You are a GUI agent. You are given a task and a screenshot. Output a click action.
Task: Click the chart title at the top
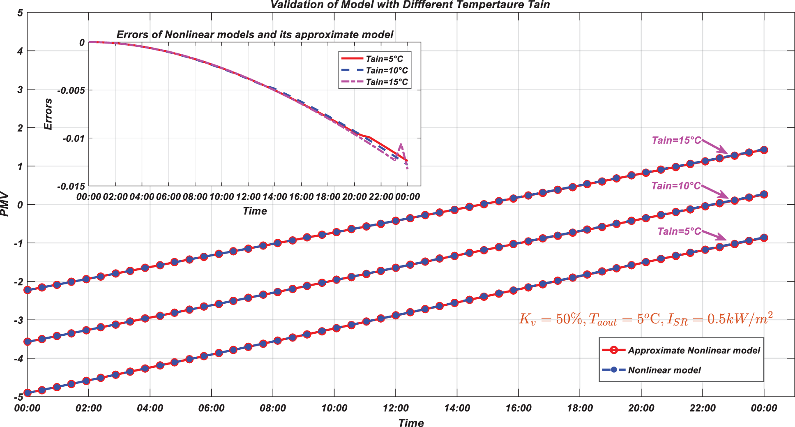pyautogui.click(x=410, y=5)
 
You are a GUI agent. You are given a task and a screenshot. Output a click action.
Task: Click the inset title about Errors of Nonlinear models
pyautogui.click(x=255, y=35)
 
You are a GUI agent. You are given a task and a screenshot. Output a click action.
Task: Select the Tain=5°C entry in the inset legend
pyautogui.click(x=384, y=59)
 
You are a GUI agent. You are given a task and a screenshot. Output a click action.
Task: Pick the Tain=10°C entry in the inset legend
pyautogui.click(x=387, y=71)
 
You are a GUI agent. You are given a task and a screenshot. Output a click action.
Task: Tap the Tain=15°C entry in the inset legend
pyautogui.click(x=387, y=82)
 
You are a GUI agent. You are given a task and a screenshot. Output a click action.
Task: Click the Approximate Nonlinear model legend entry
pyautogui.click(x=694, y=351)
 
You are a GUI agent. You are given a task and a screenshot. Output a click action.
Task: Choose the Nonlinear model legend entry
pyautogui.click(x=664, y=370)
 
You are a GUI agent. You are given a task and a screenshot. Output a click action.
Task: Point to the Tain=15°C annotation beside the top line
pyautogui.click(x=676, y=141)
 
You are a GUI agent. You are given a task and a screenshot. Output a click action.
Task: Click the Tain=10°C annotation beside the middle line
pyautogui.click(x=676, y=186)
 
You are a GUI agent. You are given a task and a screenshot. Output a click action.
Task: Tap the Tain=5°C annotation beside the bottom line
pyautogui.click(x=679, y=232)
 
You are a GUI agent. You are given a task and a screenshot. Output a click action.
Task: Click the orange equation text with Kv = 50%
pyautogui.click(x=645, y=319)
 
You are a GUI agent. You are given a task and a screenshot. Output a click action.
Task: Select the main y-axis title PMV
pyautogui.click(x=5, y=204)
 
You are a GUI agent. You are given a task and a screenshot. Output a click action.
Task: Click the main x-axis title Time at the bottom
pyautogui.click(x=410, y=423)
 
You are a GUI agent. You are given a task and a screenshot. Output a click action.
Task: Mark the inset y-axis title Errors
pyautogui.click(x=48, y=114)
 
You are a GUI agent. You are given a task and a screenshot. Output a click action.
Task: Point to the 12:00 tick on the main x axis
pyautogui.click(x=395, y=409)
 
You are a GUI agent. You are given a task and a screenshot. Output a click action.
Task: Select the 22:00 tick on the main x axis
pyautogui.click(x=703, y=409)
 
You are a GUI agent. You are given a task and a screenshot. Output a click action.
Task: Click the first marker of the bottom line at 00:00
pyautogui.click(x=28, y=393)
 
